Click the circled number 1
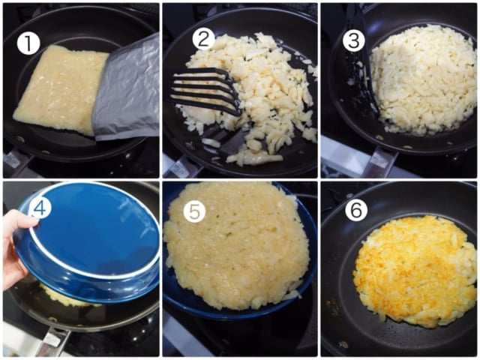click(28, 43)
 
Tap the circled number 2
click(204, 39)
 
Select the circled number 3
click(354, 40)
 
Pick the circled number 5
click(194, 211)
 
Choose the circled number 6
click(356, 210)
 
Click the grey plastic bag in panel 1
click(128, 90)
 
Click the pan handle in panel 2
click(178, 165)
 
